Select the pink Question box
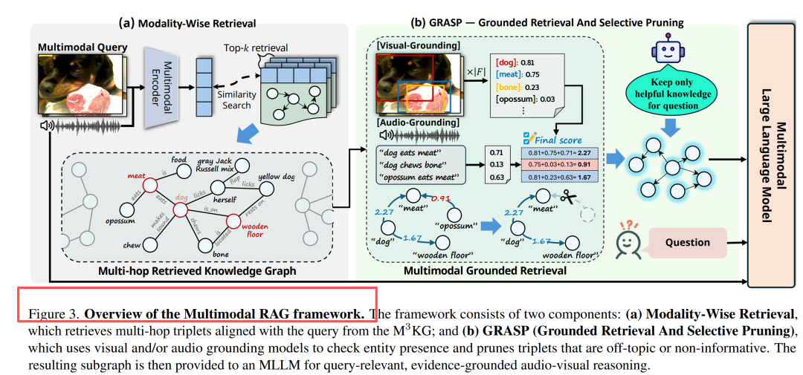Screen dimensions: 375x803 click(686, 242)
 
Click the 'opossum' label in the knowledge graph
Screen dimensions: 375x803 click(120, 221)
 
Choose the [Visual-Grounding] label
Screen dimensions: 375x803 click(418, 47)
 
